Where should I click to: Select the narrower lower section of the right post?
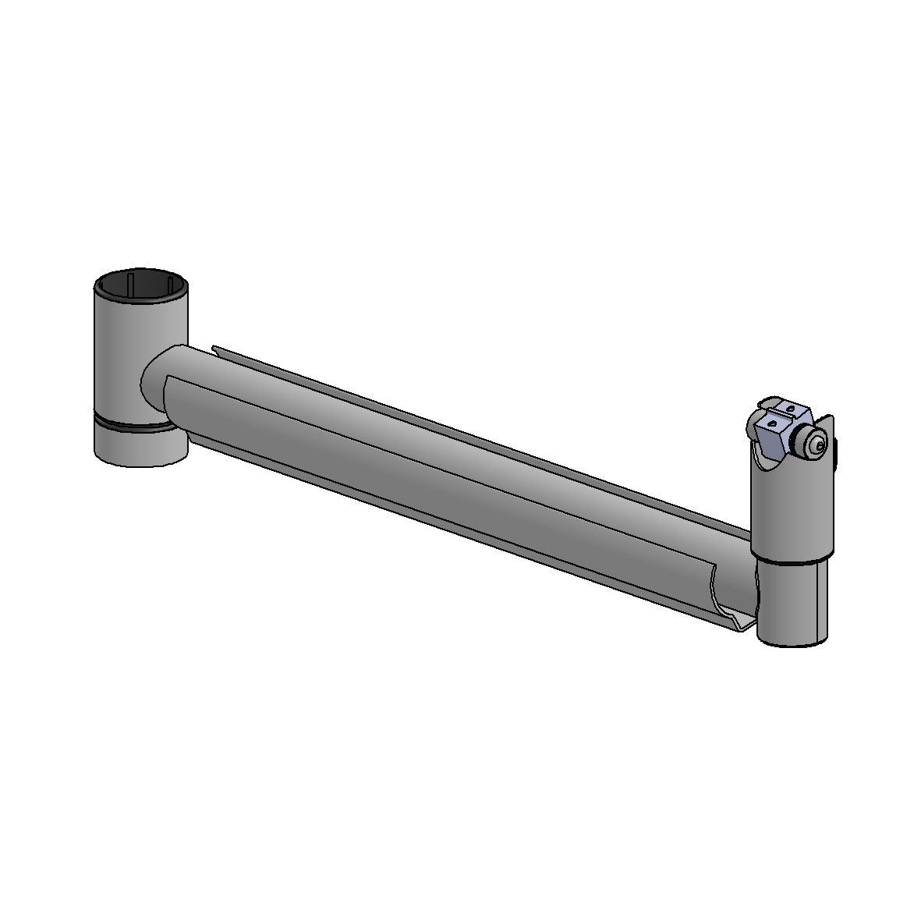coord(792,604)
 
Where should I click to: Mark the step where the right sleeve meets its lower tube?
coord(792,560)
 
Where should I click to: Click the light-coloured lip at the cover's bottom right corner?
coord(745,624)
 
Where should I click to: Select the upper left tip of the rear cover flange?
coord(214,348)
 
